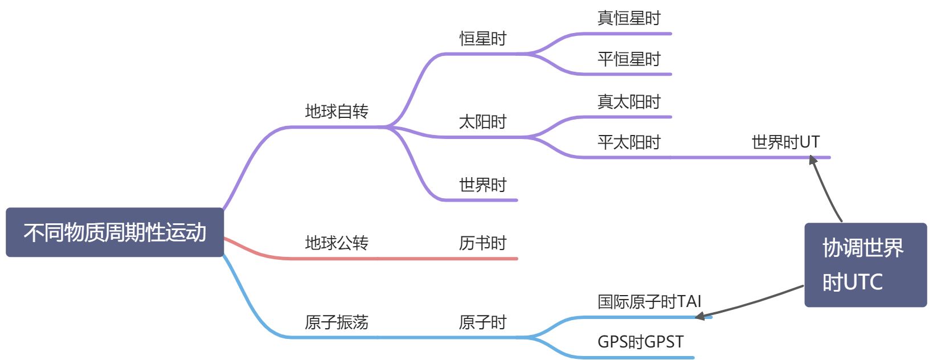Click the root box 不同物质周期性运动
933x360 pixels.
click(x=114, y=232)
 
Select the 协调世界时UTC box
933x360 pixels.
click(x=865, y=265)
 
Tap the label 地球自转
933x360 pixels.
click(x=337, y=112)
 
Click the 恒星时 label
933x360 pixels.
click(x=482, y=39)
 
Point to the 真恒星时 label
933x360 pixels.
click(x=628, y=18)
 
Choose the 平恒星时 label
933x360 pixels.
click(x=628, y=59)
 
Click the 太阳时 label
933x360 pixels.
click(x=482, y=122)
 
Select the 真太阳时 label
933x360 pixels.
click(x=628, y=102)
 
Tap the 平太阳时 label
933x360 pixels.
click(x=628, y=142)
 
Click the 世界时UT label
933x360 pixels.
click(x=785, y=142)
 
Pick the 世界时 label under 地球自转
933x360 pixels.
click(x=482, y=185)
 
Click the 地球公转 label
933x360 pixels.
click(x=337, y=243)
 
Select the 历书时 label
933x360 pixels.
click(x=482, y=243)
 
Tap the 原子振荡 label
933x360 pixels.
click(x=337, y=322)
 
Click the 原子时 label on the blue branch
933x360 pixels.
click(x=482, y=322)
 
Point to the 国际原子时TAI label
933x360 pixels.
click(x=649, y=302)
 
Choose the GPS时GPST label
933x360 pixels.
click(x=640, y=342)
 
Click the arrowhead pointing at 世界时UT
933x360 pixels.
click(x=813, y=160)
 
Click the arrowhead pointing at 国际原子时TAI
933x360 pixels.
click(x=701, y=316)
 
